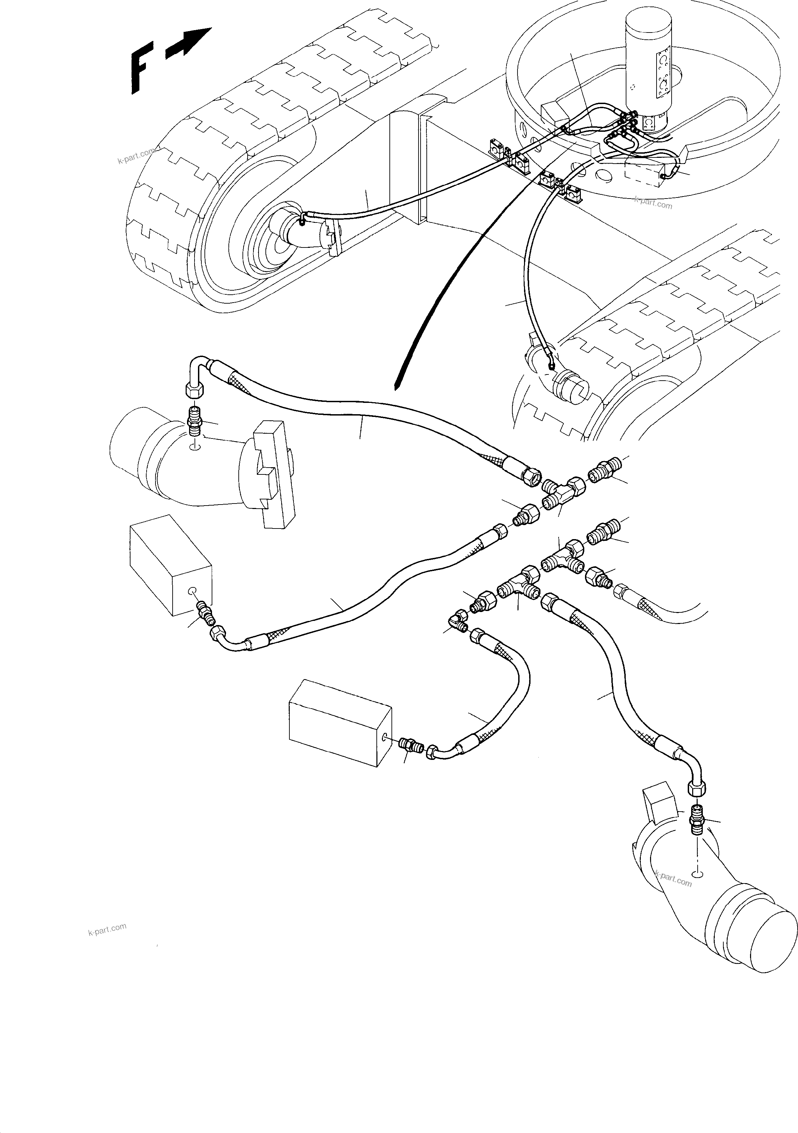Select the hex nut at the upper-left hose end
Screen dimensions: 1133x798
(192, 391)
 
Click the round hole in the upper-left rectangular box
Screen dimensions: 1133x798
(194, 591)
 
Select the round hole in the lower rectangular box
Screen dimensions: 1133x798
(385, 751)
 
